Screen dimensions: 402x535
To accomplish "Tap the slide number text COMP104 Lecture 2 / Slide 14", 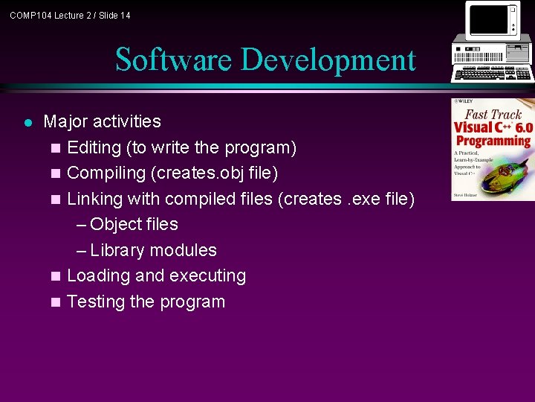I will point(70,15).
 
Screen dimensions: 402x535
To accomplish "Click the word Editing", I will point(95,147).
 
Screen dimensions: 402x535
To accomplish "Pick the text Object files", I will point(134,224).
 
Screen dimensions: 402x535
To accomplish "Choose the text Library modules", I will point(153,250).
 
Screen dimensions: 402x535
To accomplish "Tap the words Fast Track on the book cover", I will point(493,114).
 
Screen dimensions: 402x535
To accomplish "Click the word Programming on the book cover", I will point(493,140).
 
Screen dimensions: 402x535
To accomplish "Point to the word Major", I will point(65,121).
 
